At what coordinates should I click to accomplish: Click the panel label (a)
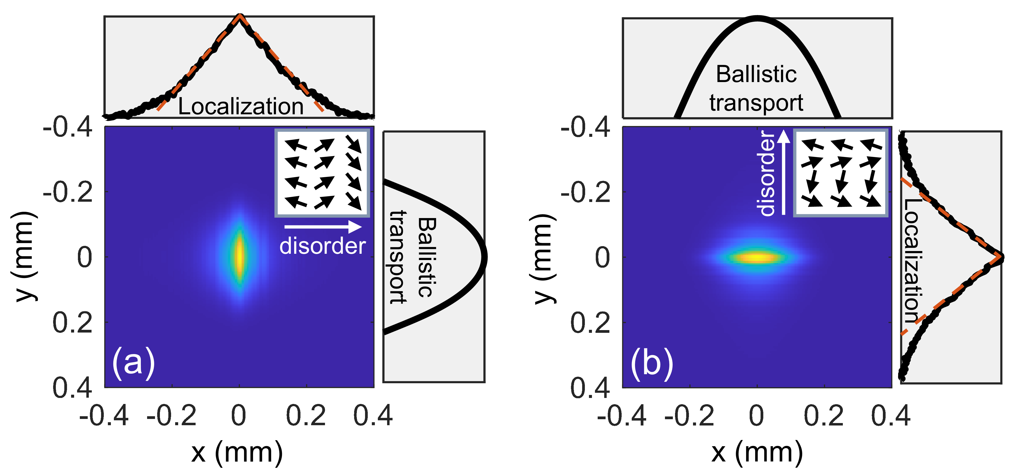pos(133,363)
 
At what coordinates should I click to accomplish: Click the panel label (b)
pos(652,363)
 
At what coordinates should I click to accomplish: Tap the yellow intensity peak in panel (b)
pos(757,257)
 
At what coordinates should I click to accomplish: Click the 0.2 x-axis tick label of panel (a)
pos(306,416)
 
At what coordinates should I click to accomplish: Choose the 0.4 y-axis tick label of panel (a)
pos(72,387)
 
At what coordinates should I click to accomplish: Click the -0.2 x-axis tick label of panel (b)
pos(689,416)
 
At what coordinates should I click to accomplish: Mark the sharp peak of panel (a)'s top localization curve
pos(239,17)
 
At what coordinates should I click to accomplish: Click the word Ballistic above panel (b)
pos(756,74)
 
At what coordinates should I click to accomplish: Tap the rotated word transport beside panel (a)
pos(397,257)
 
